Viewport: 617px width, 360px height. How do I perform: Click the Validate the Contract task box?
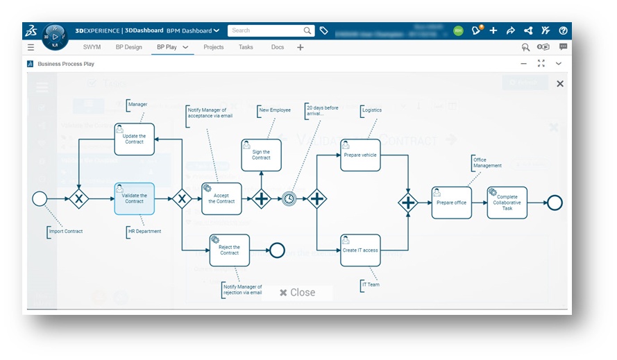[x=134, y=198]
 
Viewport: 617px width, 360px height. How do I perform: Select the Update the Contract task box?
[x=134, y=139]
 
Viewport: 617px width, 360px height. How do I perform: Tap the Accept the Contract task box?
[x=221, y=199]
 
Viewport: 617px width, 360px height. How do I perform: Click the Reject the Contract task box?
[x=229, y=250]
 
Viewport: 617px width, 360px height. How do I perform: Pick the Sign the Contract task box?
[x=261, y=155]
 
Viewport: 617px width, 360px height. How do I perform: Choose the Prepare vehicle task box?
[x=360, y=155]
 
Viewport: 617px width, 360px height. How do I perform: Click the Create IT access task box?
[x=360, y=250]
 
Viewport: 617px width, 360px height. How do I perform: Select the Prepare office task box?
[x=451, y=203]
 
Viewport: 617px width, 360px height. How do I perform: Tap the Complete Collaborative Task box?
[x=507, y=203]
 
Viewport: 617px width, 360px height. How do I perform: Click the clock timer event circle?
[x=289, y=199]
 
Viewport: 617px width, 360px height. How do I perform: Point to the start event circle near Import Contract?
[x=40, y=199]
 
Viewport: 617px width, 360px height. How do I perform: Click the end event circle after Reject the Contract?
[x=277, y=250]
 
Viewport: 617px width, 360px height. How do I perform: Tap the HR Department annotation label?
[x=144, y=232]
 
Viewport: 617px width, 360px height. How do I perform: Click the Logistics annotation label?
[x=371, y=110]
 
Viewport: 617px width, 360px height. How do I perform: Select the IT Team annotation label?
[x=371, y=284]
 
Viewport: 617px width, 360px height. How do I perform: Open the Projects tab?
[x=213, y=47]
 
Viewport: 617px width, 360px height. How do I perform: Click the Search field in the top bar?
[x=267, y=31]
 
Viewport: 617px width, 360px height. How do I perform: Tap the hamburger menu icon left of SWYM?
[x=31, y=47]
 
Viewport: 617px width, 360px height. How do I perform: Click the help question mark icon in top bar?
[x=563, y=31]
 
